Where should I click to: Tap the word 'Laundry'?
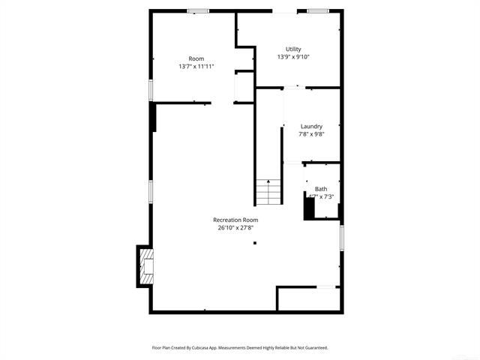[x=311, y=127]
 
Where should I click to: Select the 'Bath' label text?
[x=321, y=189]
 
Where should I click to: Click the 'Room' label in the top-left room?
[x=196, y=58]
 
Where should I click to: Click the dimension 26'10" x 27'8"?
[x=235, y=227]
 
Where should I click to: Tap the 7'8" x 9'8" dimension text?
[x=311, y=135]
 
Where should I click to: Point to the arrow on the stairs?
[x=268, y=184]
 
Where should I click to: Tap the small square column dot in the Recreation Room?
[x=255, y=243]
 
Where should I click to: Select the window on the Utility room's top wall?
[x=318, y=11]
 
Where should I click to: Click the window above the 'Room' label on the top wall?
[x=198, y=11]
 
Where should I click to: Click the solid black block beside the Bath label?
[x=308, y=207]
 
